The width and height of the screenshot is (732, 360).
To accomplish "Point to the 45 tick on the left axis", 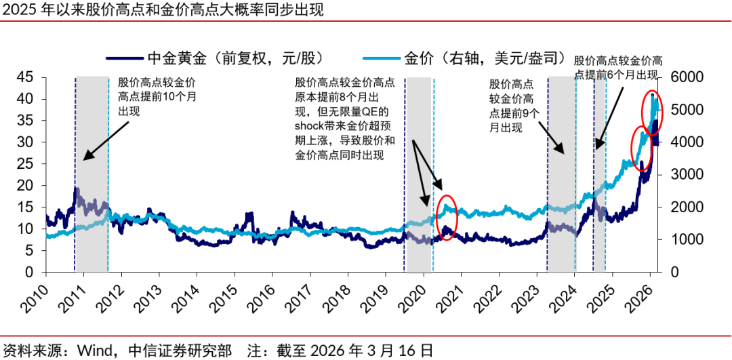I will click(x=24, y=77).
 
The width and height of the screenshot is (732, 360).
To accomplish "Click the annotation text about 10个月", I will click(x=157, y=96).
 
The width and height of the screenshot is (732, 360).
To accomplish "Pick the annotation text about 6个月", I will click(x=618, y=66).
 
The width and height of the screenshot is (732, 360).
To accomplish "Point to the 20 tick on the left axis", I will click(x=24, y=185).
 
